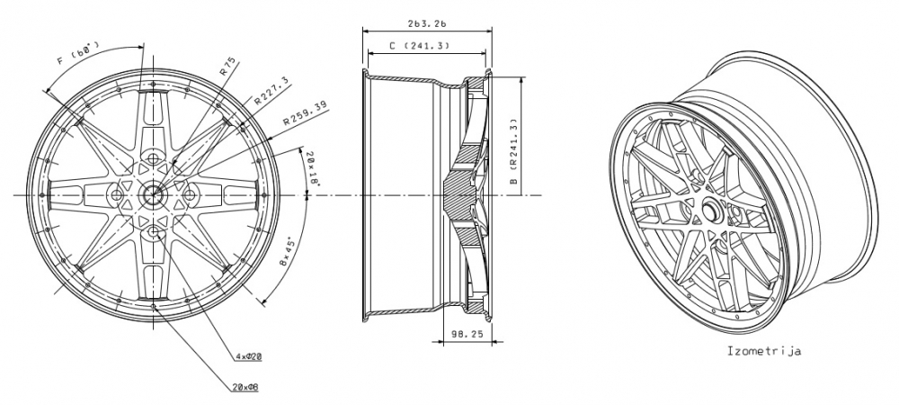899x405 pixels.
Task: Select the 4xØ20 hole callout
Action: pyautogui.click(x=248, y=356)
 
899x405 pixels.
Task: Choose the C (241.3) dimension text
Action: pyautogui.click(x=420, y=45)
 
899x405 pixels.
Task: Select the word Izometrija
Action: pyautogui.click(x=763, y=351)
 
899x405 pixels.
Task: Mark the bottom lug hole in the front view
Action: pyautogui.click(x=154, y=231)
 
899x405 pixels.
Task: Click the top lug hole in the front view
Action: pyautogui.click(x=154, y=157)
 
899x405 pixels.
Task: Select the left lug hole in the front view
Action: pyautogui.click(x=116, y=193)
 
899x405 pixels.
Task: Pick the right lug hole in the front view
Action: pyautogui.click(x=191, y=193)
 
